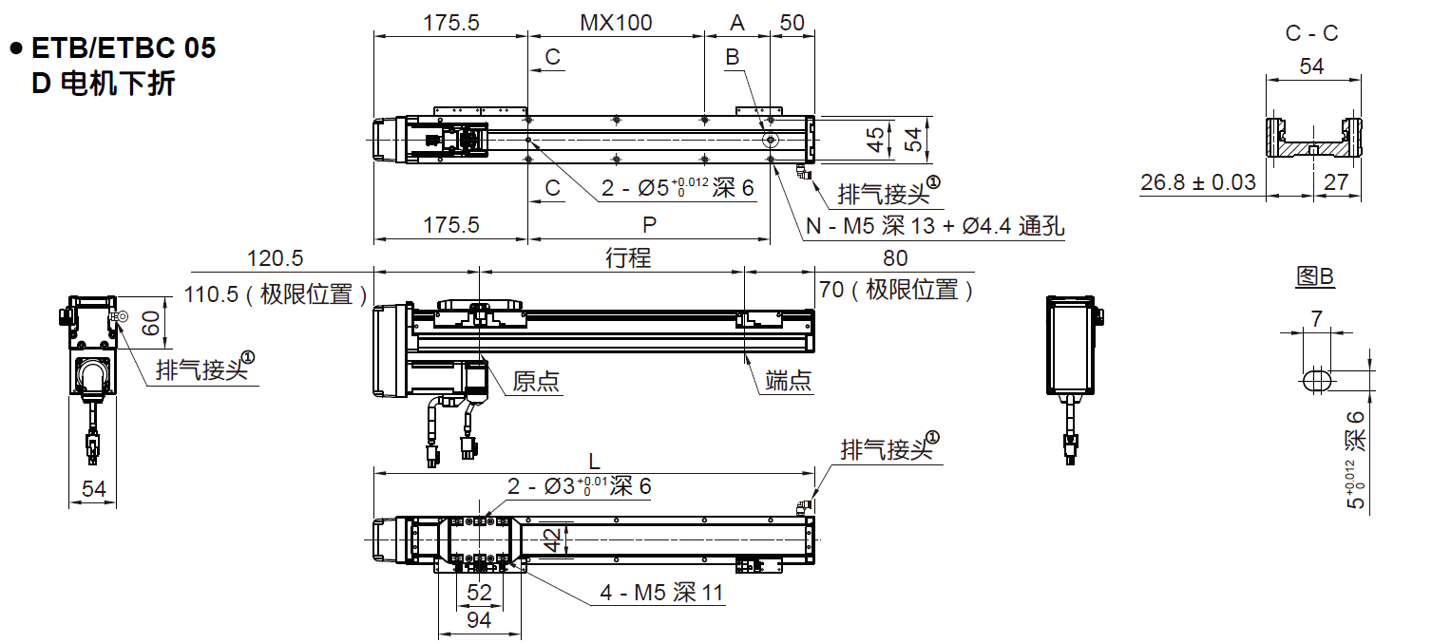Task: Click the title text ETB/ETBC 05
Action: point(124,48)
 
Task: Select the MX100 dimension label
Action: point(616,23)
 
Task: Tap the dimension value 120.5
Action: point(275,258)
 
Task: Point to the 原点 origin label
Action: point(536,382)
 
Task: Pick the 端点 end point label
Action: point(789,382)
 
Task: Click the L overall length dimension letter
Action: point(595,462)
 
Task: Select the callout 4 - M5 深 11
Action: point(661,594)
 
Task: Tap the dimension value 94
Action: point(480,620)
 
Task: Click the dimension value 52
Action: point(480,593)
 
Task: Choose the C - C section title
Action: point(1311,33)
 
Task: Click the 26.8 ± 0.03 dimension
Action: point(1198,182)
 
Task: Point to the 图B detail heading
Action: point(1315,277)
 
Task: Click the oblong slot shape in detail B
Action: point(1315,380)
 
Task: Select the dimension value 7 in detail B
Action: point(1315,319)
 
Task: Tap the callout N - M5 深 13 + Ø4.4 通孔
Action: point(935,227)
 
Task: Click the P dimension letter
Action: point(649,225)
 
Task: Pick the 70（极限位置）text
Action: point(896,291)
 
